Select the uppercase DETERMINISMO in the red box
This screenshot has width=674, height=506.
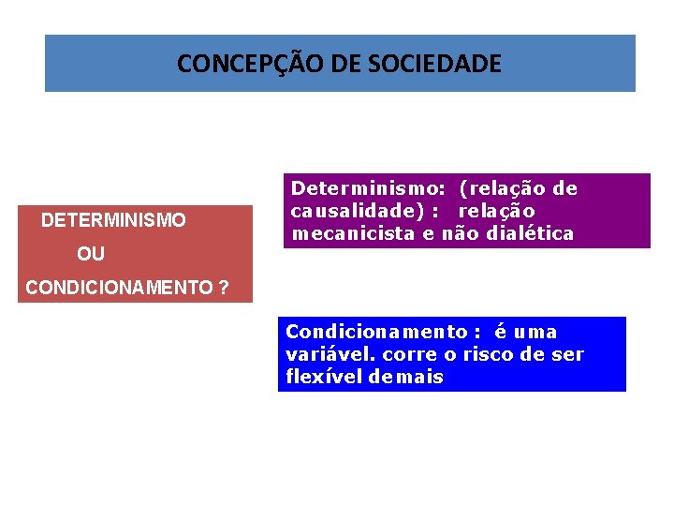pyautogui.click(x=113, y=221)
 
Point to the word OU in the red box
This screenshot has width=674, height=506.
pyautogui.click(x=91, y=254)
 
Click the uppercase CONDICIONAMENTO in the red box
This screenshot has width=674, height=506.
pyautogui.click(x=118, y=288)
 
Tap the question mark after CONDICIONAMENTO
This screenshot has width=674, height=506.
pyautogui.click(x=223, y=288)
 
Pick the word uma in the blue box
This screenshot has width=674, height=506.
pyautogui.click(x=536, y=332)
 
